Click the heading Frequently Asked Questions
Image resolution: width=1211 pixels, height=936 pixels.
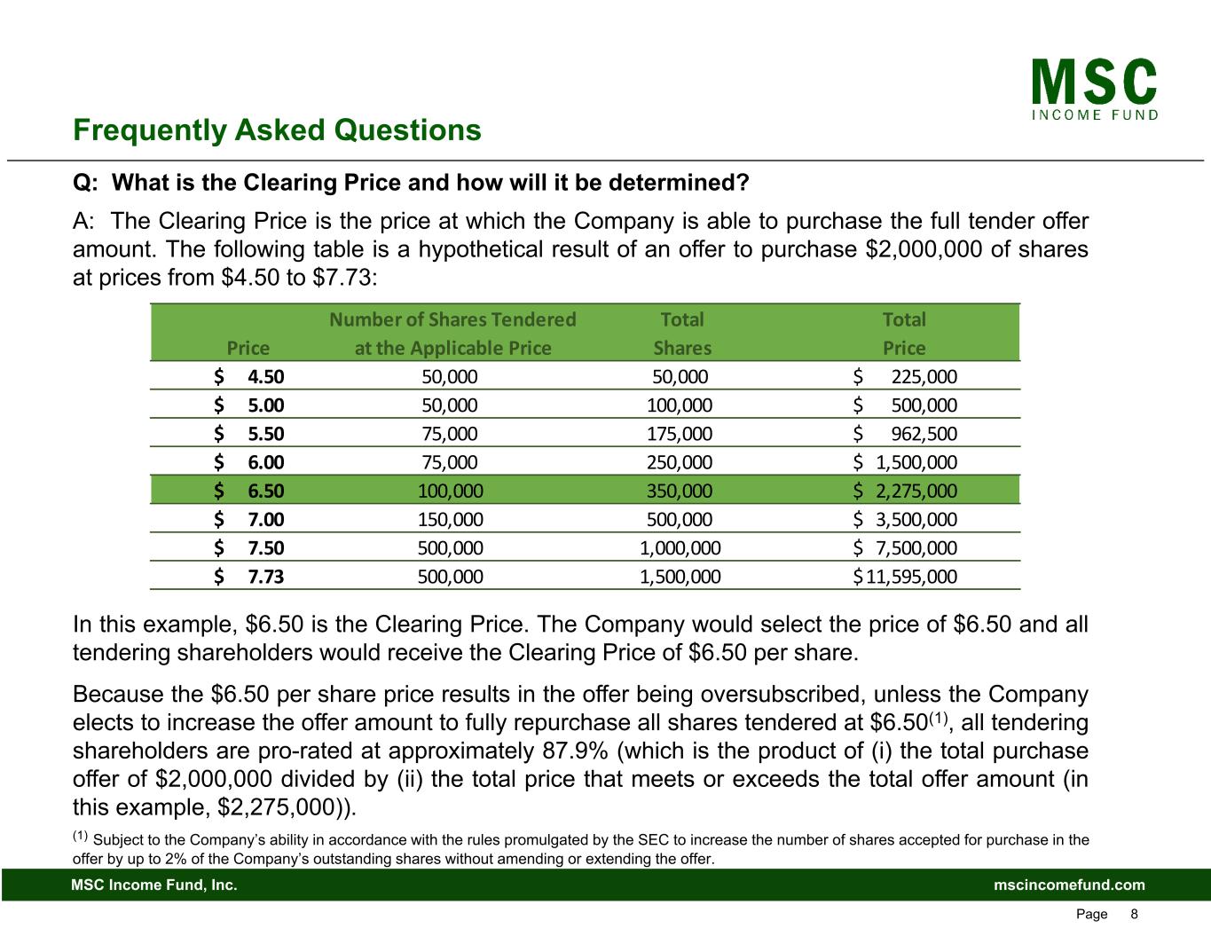tap(277, 131)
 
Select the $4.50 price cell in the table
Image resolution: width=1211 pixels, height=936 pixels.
tap(249, 376)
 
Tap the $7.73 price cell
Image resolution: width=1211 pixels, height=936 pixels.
tap(249, 578)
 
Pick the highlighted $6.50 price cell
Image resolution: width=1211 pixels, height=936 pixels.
tap(249, 491)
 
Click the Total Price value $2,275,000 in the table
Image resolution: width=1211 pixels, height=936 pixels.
tap(905, 491)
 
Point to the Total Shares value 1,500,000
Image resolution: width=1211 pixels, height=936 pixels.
tap(680, 578)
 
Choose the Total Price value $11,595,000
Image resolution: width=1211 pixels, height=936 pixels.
tap(905, 578)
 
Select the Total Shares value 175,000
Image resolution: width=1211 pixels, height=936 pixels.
tap(680, 434)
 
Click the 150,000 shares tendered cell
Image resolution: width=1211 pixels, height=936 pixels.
tap(451, 519)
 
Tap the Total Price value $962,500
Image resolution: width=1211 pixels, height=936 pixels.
tap(905, 434)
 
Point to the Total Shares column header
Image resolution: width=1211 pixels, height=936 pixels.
tap(682, 333)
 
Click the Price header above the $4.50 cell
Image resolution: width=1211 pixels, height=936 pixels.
tap(248, 348)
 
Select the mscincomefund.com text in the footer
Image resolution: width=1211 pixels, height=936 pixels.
tap(1069, 885)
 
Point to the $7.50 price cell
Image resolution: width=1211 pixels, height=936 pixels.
tap(249, 548)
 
